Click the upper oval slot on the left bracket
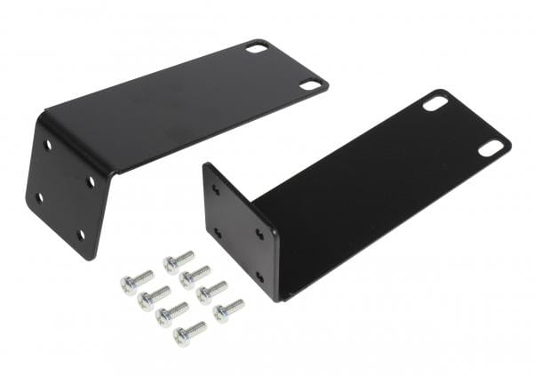pyautogui.click(x=258, y=47)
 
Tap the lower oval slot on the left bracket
pyautogui.click(x=310, y=85)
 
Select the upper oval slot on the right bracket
pyautogui.click(x=435, y=103)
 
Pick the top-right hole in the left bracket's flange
pyautogui.click(x=91, y=180)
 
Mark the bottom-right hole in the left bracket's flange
pyautogui.click(x=81, y=235)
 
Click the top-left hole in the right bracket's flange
pyautogui.click(x=216, y=189)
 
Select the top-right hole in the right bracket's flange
pyautogui.click(x=259, y=235)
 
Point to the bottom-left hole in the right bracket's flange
pyautogui.click(x=216, y=233)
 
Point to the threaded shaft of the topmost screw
pyautogui.click(x=184, y=257)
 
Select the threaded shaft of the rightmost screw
pyautogui.click(x=235, y=306)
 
